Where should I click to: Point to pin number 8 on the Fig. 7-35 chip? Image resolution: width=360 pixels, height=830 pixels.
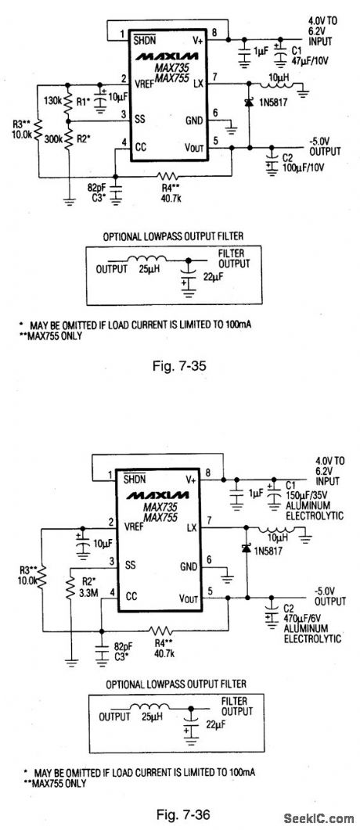pyautogui.click(x=213, y=32)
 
